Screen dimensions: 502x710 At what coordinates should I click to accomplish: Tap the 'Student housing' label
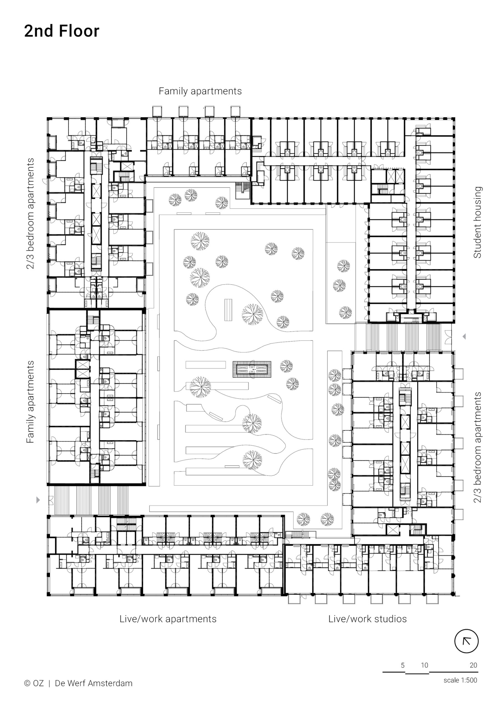(x=477, y=222)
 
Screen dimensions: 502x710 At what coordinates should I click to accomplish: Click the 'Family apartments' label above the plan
(x=200, y=91)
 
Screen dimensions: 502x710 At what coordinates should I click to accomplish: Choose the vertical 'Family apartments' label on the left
(x=30, y=402)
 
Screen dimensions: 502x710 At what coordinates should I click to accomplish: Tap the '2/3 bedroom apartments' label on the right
(x=477, y=447)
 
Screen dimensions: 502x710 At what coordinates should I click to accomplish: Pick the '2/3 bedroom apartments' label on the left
(x=30, y=213)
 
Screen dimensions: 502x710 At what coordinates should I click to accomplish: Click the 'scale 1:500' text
(x=460, y=680)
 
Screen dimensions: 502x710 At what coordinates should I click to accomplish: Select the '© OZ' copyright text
(x=34, y=683)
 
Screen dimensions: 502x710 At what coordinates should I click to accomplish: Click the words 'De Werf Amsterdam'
(x=93, y=683)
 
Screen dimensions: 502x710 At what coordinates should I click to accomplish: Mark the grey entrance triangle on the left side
(x=38, y=500)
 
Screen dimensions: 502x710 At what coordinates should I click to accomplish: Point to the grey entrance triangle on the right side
(x=464, y=336)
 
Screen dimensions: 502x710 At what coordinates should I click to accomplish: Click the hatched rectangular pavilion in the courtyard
(x=252, y=369)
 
